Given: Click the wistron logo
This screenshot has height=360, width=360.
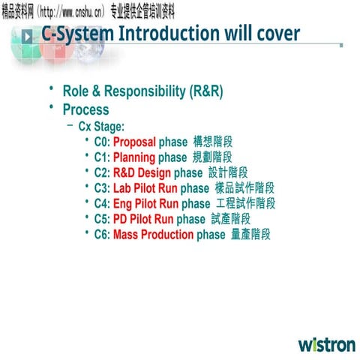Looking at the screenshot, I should point(327,345).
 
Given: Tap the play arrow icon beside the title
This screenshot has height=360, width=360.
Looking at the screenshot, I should point(27,35).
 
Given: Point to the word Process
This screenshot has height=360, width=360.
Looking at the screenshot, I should point(85,109).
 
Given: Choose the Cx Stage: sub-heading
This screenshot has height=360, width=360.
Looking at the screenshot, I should point(100,126).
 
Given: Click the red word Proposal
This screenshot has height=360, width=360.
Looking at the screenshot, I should point(134,141).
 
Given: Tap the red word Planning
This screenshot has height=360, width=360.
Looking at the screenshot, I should point(134,157).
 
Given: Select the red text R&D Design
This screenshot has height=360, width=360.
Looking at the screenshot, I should point(142,172).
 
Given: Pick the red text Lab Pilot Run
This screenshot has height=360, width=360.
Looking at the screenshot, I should point(145,187).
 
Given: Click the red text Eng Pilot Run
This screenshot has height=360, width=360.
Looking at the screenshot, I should point(145,203).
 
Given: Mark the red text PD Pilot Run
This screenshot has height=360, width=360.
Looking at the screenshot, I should point(143,219).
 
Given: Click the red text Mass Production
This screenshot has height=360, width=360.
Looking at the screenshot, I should point(153,234).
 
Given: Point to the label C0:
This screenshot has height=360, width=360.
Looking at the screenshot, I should point(102,141).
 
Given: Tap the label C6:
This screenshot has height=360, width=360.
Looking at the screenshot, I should point(102,234).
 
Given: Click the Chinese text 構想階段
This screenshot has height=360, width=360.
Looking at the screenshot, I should point(212,141).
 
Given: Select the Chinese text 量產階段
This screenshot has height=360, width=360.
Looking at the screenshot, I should point(250,234).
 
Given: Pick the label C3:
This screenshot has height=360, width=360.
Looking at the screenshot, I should point(102,187).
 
